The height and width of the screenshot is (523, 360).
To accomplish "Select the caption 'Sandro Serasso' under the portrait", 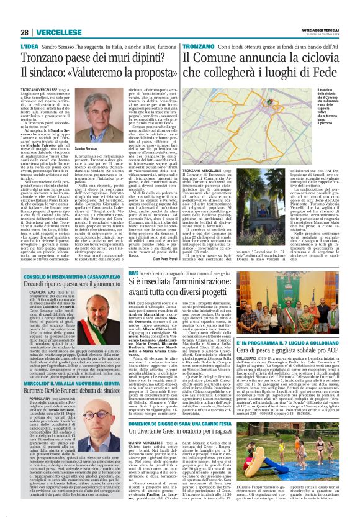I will [86, 150].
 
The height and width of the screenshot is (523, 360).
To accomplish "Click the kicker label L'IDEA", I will [29, 46].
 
